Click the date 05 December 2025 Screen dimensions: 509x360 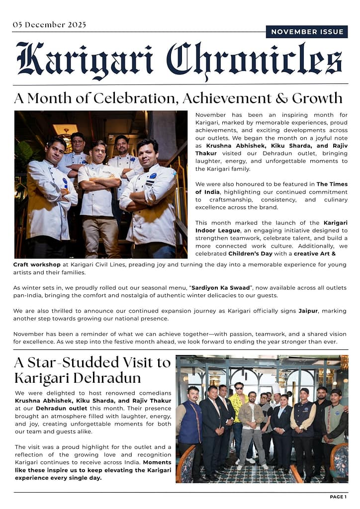(49, 25)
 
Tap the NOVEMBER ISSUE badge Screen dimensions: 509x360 (307, 32)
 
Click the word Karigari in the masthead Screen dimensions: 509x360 (85, 59)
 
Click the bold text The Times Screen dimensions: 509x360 (332, 184)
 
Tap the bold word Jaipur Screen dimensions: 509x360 (308, 311)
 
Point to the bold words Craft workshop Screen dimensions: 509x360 (37, 264)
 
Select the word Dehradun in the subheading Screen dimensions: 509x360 (109, 378)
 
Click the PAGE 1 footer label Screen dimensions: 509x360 (338, 497)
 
